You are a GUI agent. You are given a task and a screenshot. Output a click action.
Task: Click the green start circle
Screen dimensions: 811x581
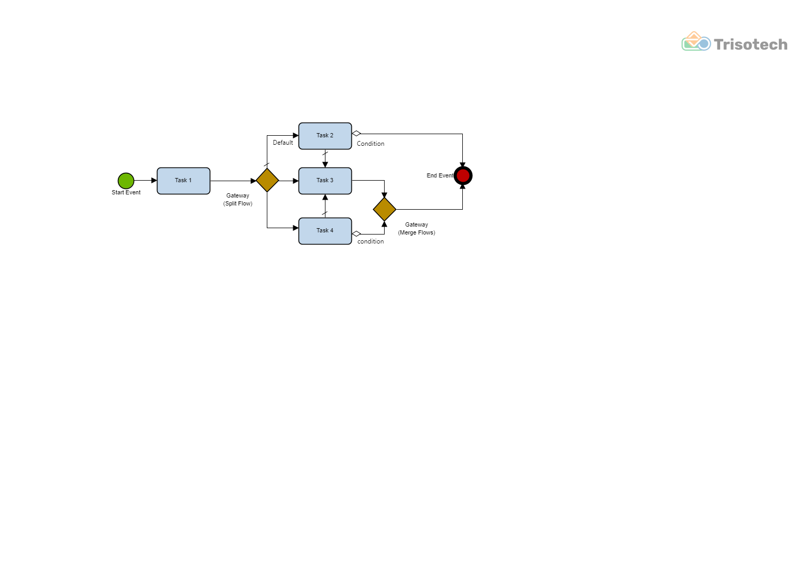(x=126, y=181)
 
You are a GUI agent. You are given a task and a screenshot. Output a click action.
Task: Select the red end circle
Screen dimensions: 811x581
(x=463, y=175)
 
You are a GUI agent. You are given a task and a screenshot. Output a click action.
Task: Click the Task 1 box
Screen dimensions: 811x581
(x=183, y=181)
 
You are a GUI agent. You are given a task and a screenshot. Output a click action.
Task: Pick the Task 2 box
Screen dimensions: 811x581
(x=325, y=136)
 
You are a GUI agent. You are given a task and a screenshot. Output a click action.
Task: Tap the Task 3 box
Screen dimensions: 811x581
(x=325, y=181)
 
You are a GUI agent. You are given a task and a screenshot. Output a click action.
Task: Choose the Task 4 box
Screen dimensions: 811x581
(x=325, y=231)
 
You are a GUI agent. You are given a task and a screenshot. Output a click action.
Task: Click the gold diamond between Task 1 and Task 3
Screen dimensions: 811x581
(x=267, y=180)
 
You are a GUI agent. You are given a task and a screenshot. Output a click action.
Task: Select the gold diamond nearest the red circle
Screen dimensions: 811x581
(x=385, y=209)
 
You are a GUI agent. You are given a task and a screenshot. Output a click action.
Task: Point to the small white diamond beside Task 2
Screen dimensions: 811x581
(x=357, y=133)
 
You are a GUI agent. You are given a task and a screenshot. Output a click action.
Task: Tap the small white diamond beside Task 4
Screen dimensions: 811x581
(x=357, y=233)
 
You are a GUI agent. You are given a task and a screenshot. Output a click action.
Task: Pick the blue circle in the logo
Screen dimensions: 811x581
(x=704, y=44)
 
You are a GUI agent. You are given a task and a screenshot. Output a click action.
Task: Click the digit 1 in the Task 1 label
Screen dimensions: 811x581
(x=190, y=180)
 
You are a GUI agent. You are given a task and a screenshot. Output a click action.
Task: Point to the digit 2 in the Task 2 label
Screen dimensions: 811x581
(x=332, y=135)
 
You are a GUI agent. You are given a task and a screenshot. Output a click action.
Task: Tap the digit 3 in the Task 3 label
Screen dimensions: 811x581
(x=332, y=180)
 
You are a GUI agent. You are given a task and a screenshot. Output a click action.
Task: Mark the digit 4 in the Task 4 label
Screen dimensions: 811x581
(x=332, y=230)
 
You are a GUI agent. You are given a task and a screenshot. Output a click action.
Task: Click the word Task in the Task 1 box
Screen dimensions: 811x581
(x=181, y=180)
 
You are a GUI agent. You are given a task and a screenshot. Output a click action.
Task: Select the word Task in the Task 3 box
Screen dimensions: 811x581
(x=322, y=180)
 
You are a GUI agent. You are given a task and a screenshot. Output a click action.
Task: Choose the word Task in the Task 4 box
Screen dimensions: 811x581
(x=322, y=230)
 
